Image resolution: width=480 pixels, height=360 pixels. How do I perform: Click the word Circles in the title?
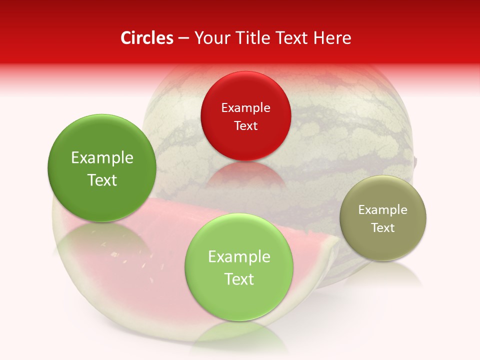point(146,38)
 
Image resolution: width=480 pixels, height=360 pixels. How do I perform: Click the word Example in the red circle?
point(245,107)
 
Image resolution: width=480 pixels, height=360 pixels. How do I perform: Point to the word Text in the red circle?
point(245,125)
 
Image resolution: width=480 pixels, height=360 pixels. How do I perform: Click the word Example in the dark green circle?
point(102,158)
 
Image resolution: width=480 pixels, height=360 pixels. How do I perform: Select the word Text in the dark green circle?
point(102,180)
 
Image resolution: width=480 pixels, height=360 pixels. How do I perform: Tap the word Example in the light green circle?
point(239,257)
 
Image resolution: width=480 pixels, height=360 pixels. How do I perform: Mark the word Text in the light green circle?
point(239,279)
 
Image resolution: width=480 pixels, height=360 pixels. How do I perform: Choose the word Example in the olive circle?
point(383,210)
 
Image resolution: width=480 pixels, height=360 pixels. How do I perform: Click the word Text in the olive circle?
point(383,228)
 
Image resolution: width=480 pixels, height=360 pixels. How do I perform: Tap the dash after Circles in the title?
point(183,38)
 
